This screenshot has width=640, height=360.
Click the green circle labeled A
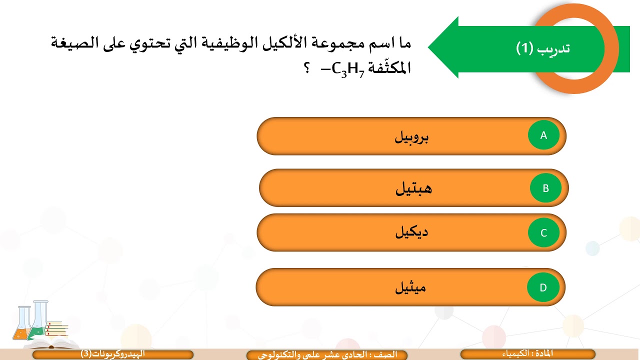coord(543,135)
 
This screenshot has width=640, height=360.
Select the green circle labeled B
coord(546,188)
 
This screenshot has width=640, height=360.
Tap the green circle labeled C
coord(543,233)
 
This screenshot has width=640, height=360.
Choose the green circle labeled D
coord(543,287)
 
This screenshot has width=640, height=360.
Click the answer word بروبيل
coord(411,137)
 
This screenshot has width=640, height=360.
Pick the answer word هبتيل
coord(413,189)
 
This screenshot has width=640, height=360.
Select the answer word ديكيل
coord(411,232)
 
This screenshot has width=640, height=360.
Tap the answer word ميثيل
coord(410,288)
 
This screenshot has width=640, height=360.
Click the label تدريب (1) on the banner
coord(543,48)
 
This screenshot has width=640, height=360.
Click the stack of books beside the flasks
coord(56,329)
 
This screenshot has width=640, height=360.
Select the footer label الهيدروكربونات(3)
coord(112,354)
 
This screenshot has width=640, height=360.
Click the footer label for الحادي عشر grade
coord(327,354)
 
